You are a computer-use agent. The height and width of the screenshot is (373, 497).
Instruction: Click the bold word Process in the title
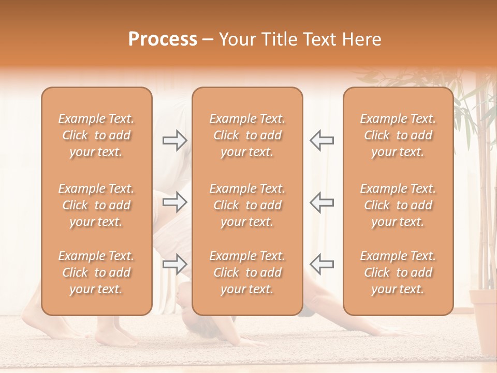163,39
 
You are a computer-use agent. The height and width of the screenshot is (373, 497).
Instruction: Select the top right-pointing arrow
174,140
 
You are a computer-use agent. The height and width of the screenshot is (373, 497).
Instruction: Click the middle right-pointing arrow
174,202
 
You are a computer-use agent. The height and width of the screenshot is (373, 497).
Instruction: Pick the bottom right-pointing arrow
174,264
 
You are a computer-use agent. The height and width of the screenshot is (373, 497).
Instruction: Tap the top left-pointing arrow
322,140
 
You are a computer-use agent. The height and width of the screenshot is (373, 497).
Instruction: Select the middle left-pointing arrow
322,202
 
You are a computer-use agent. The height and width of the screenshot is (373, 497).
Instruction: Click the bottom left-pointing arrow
322,264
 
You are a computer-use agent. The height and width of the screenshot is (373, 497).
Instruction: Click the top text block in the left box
96,135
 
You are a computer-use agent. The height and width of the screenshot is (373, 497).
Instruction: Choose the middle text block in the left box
96,205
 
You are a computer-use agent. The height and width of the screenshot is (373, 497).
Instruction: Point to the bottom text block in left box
96,272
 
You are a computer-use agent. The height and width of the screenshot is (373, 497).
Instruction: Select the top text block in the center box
247,135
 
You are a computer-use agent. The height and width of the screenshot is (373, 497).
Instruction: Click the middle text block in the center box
247,205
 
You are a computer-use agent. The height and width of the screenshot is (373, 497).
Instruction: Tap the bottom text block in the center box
247,272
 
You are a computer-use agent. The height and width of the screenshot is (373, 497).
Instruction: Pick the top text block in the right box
398,135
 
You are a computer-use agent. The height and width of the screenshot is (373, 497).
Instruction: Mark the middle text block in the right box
398,205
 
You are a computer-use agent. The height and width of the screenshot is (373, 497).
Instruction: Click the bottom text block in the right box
398,272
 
